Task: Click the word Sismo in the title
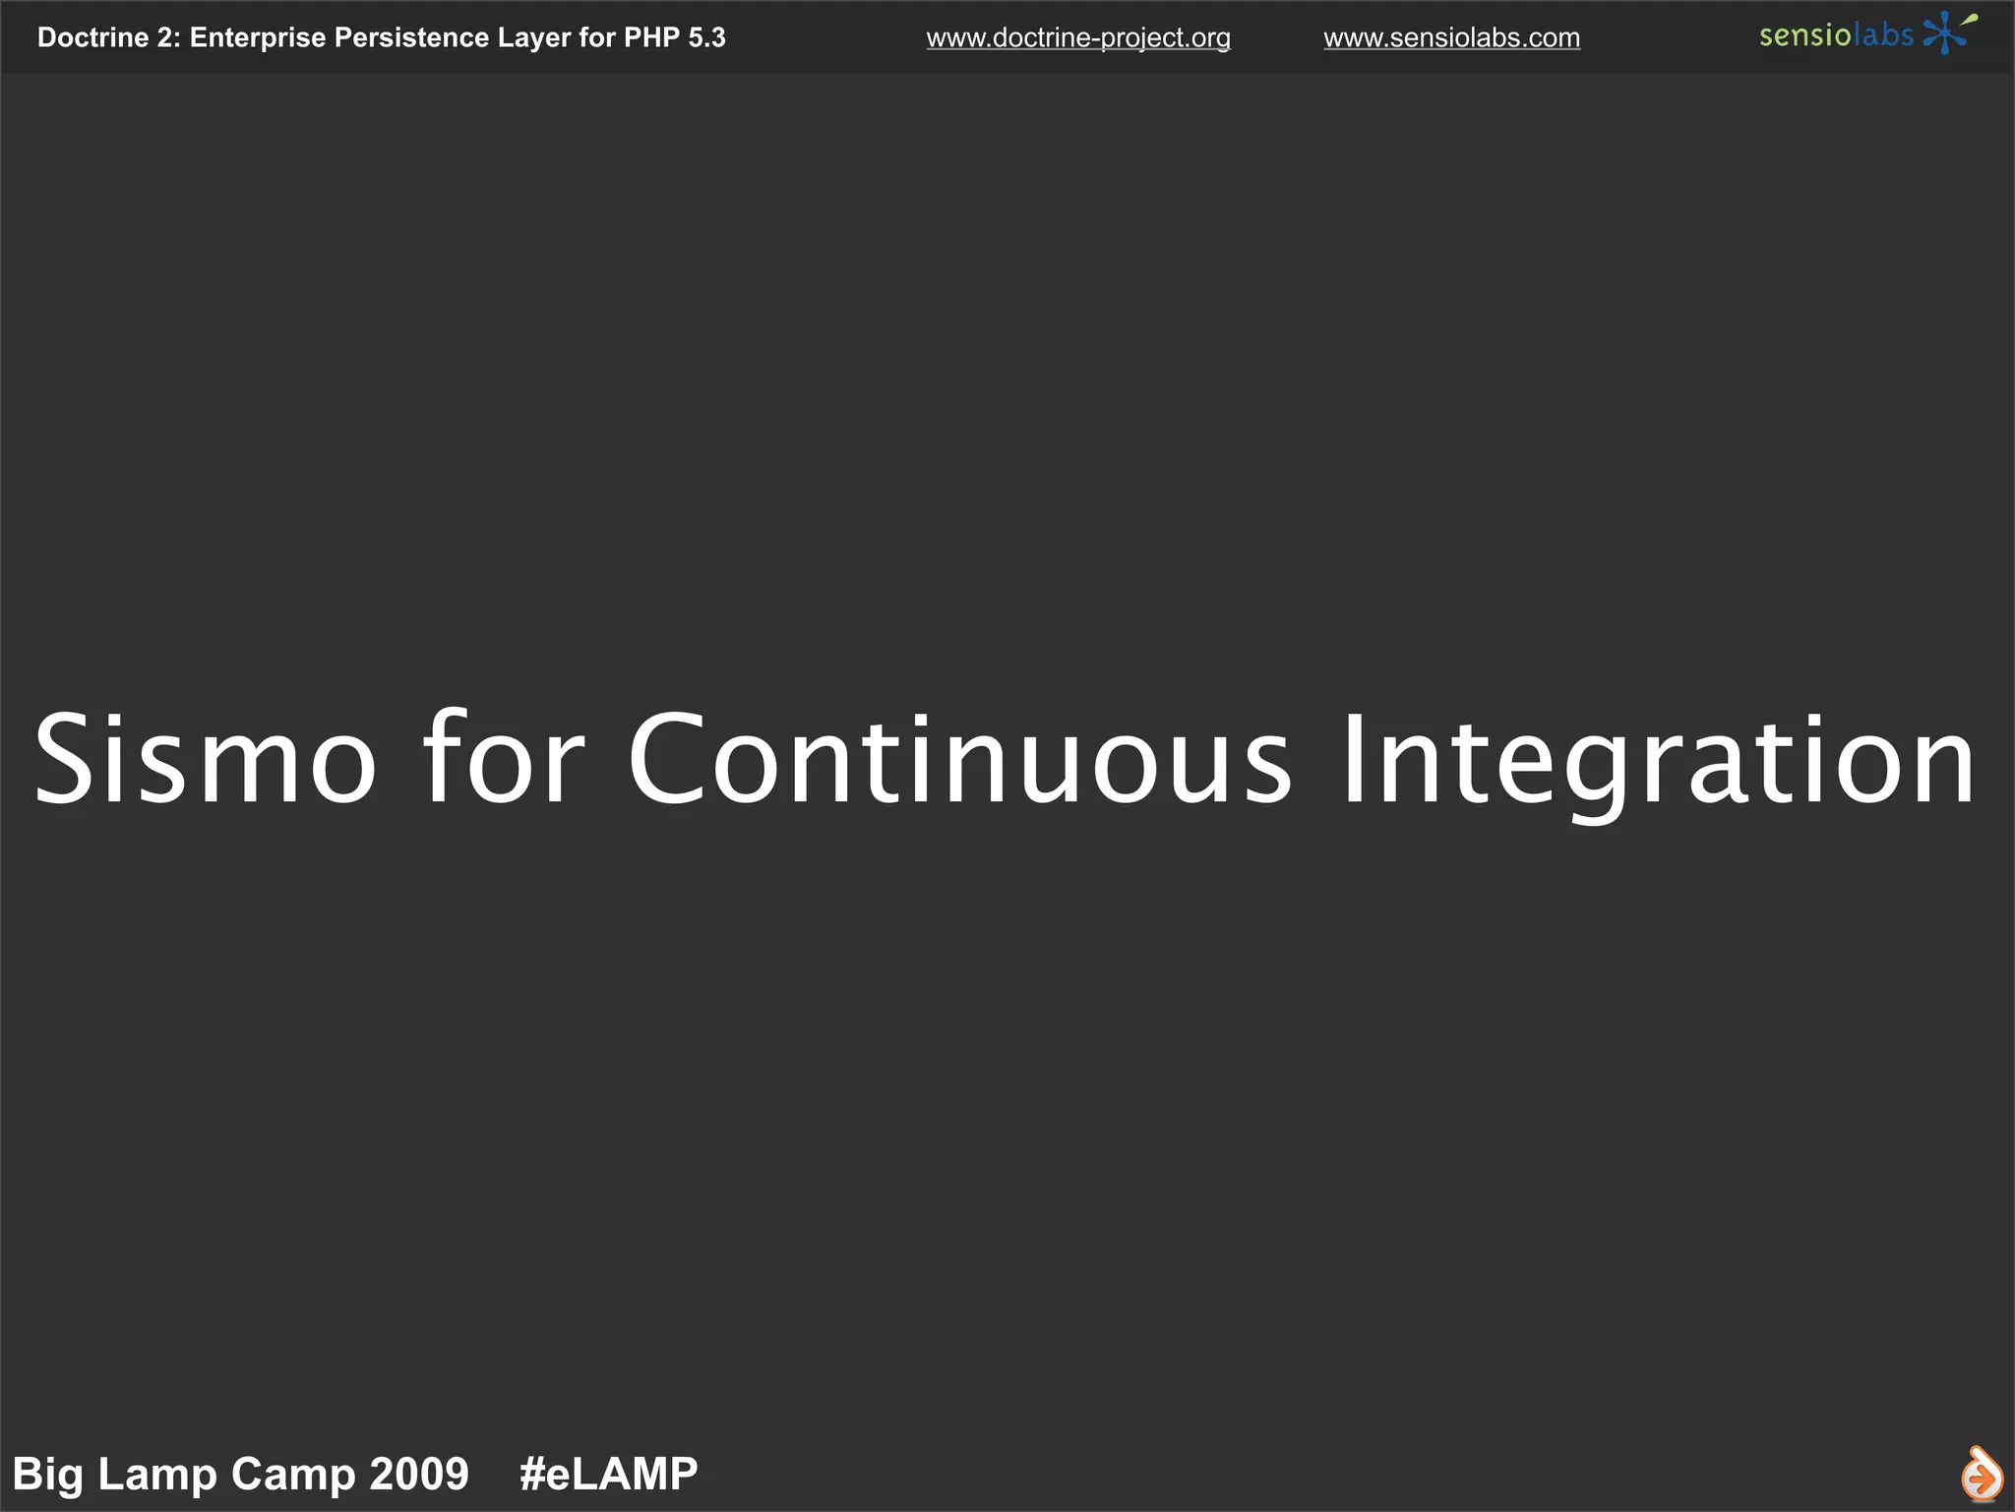pos(205,759)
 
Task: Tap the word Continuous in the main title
pos(959,759)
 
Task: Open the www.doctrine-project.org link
pos(1078,38)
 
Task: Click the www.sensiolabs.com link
pos(1451,38)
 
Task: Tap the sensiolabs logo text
pos(1835,36)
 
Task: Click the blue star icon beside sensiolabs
pos(1945,34)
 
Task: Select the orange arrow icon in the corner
pos(1981,1475)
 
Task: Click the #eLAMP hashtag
pos(608,1475)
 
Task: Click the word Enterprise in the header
pos(257,38)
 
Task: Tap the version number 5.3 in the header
pos(706,38)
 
